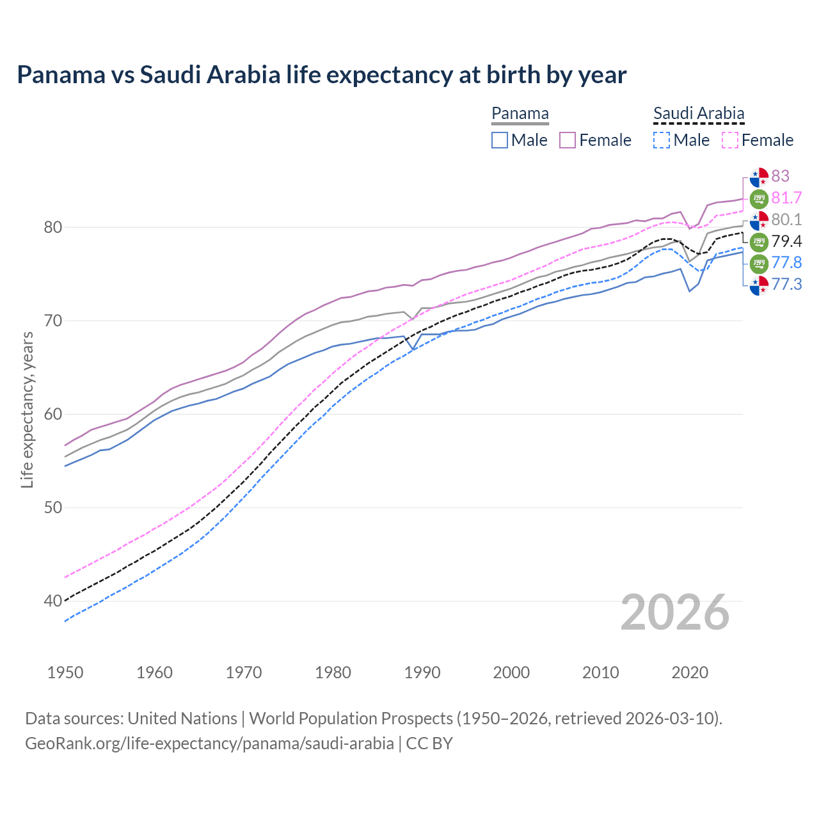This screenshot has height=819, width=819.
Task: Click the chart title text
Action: click(321, 75)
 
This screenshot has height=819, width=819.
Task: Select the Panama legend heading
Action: click(520, 114)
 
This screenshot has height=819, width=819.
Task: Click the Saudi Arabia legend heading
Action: click(699, 114)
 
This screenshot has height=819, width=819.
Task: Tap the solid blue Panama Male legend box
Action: click(500, 140)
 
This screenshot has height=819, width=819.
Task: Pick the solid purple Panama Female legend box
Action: click(568, 140)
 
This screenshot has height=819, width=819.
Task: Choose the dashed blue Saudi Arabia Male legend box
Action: click(662, 140)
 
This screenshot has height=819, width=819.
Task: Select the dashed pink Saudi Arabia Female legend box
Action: click(730, 140)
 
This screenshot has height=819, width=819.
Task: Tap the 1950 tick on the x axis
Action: click(65, 672)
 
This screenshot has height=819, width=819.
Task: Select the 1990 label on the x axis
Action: click(422, 672)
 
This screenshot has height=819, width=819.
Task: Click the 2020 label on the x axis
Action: click(690, 672)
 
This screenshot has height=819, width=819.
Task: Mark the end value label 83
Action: click(780, 176)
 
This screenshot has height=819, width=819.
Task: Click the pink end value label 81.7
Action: click(786, 198)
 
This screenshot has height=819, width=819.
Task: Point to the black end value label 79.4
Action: click(786, 241)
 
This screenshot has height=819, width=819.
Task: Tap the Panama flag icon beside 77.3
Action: click(759, 285)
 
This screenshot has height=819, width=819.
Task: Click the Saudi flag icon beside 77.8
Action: click(759, 263)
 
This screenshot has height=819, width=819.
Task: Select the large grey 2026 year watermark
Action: click(674, 612)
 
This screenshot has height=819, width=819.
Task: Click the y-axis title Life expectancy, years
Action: click(27, 409)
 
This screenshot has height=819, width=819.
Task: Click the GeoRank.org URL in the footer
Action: click(209, 743)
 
